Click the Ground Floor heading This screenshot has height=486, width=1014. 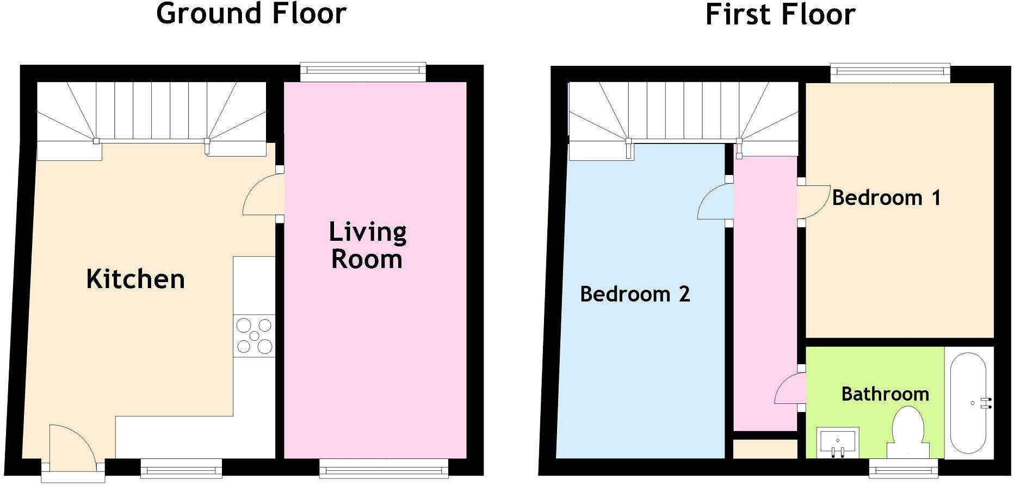[x=251, y=14]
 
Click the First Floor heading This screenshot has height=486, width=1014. [x=780, y=15]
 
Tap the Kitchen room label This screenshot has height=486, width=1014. [x=135, y=279]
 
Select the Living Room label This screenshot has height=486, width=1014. [x=368, y=245]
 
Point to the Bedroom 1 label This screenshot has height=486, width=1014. [x=886, y=198]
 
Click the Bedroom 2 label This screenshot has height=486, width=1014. [x=635, y=294]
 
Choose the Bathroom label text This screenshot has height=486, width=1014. [x=885, y=394]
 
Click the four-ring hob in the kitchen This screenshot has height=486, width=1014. [x=254, y=337]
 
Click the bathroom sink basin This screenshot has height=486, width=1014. [x=838, y=441]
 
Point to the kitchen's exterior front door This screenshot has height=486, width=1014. [x=71, y=446]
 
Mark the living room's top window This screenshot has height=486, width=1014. [x=363, y=71]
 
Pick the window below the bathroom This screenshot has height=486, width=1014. [x=904, y=467]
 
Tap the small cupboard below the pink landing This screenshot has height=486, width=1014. [x=765, y=449]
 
